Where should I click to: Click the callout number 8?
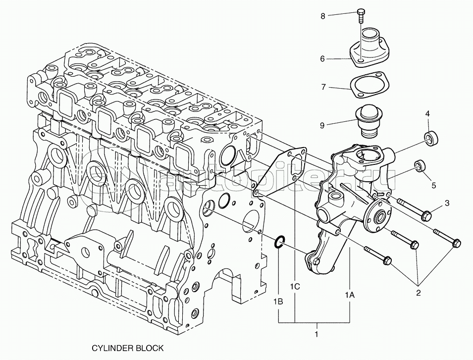323,16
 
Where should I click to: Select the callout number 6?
322,59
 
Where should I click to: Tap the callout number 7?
323,88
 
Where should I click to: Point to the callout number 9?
322,125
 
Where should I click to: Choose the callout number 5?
433,186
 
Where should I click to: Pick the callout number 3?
446,203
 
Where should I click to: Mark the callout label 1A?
350,294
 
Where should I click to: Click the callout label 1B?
279,301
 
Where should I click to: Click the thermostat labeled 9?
369,122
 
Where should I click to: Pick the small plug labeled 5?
420,165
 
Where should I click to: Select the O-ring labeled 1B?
279,241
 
